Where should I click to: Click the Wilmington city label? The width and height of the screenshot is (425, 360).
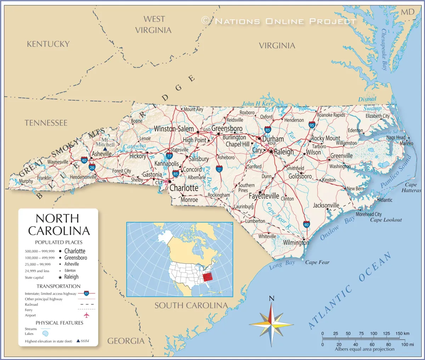pyautogui.click(x=296, y=243)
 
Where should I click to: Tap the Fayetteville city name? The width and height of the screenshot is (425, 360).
pyautogui.click(x=264, y=196)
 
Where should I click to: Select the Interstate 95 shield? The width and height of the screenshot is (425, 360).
pyautogui.click(x=312, y=125)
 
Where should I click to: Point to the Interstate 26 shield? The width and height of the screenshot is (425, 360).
pyautogui.click(x=92, y=167)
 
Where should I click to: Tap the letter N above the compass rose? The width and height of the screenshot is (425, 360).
pyautogui.click(x=272, y=298)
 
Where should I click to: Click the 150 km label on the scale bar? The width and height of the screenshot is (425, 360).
pyautogui.click(x=402, y=333)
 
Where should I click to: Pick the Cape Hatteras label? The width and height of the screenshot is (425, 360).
pyautogui.click(x=411, y=187)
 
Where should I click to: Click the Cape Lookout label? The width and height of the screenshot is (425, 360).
pyautogui.click(x=386, y=220)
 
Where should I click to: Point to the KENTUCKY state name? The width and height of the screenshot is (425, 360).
pyautogui.click(x=48, y=44)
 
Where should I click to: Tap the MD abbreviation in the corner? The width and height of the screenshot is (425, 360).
pyautogui.click(x=407, y=12)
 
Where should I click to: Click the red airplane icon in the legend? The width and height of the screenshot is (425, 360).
pyautogui.click(x=86, y=315)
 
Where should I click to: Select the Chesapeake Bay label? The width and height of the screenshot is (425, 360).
pyautogui.click(x=384, y=50)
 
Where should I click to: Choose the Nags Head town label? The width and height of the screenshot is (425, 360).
pyautogui.click(x=396, y=137)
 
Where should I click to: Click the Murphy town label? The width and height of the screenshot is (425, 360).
pyautogui.click(x=26, y=181)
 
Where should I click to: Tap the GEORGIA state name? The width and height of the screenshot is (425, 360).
pyautogui.click(x=126, y=341)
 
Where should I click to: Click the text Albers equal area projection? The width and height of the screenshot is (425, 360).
pyautogui.click(x=364, y=349)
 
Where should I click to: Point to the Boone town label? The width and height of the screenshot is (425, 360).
pyautogui.click(x=137, y=121)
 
